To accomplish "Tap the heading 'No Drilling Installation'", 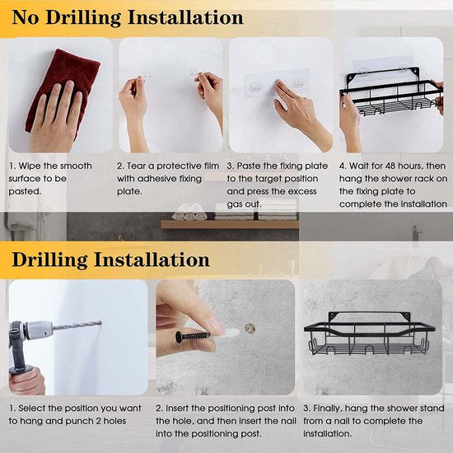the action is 128,18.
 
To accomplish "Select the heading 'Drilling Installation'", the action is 110,259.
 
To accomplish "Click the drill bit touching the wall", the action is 77,325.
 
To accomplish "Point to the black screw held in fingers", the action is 193,337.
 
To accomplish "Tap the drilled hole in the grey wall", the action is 250,329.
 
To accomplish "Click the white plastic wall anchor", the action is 226,334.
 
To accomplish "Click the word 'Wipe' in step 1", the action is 30,166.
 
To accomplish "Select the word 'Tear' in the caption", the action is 137,166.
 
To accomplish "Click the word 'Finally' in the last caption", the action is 328,409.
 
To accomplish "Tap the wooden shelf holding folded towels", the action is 230,224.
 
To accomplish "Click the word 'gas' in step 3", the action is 234,205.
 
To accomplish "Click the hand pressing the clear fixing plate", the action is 301,113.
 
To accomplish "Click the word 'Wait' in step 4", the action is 358,166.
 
